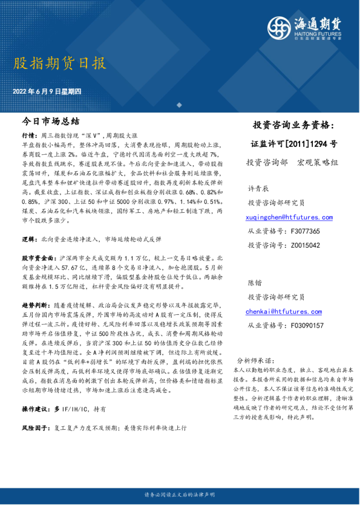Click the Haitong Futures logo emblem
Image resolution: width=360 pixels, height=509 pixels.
point(280,26)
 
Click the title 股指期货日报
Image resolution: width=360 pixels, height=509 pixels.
point(59,63)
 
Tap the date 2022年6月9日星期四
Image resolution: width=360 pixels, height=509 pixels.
point(50,92)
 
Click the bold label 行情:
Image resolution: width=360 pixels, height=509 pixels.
point(29,137)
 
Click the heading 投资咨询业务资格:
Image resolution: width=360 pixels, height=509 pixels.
point(293,126)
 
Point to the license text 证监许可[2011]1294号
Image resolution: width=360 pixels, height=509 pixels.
point(294,144)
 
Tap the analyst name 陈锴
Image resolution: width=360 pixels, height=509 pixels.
point(254,283)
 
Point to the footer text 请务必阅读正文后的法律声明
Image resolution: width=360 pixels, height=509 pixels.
point(180,495)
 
